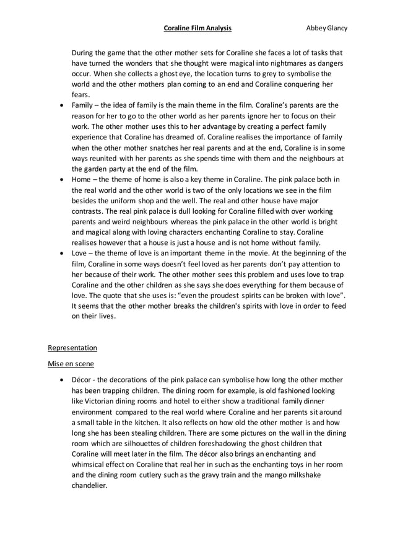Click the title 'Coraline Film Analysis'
(x=197, y=28)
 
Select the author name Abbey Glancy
(x=328, y=28)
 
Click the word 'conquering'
(x=297, y=84)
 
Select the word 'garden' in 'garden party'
(x=98, y=169)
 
